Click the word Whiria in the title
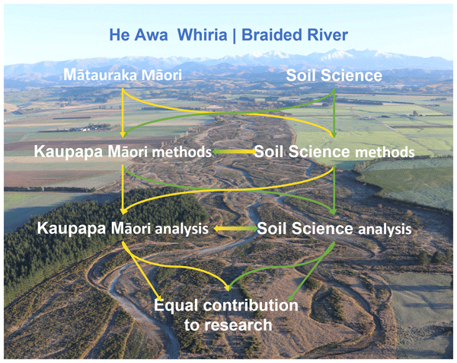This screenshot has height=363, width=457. pyautogui.click(x=202, y=35)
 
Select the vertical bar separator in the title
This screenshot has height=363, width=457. pyautogui.click(x=235, y=36)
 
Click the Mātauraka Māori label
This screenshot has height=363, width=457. pyautogui.click(x=123, y=75)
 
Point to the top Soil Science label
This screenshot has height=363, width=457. pyautogui.click(x=334, y=75)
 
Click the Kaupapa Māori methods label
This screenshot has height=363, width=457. pyautogui.click(x=123, y=152)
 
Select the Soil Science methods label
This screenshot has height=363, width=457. pyautogui.click(x=334, y=152)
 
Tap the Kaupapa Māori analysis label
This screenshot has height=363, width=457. pyautogui.click(x=123, y=228)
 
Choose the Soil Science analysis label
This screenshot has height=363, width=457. pyautogui.click(x=334, y=229)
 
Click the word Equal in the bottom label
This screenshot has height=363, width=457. pyautogui.click(x=176, y=306)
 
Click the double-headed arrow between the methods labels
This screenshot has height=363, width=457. pyautogui.click(x=234, y=152)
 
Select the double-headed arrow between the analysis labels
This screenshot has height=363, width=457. pyautogui.click(x=235, y=229)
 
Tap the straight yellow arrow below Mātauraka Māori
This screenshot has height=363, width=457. pyautogui.click(x=123, y=113)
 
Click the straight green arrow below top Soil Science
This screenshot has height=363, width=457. pyautogui.click(x=334, y=113)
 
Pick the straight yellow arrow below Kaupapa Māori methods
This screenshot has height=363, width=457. pyautogui.click(x=123, y=190)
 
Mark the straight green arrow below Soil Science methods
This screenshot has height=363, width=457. pyautogui.click(x=334, y=190)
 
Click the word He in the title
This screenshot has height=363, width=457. pyautogui.click(x=120, y=35)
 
